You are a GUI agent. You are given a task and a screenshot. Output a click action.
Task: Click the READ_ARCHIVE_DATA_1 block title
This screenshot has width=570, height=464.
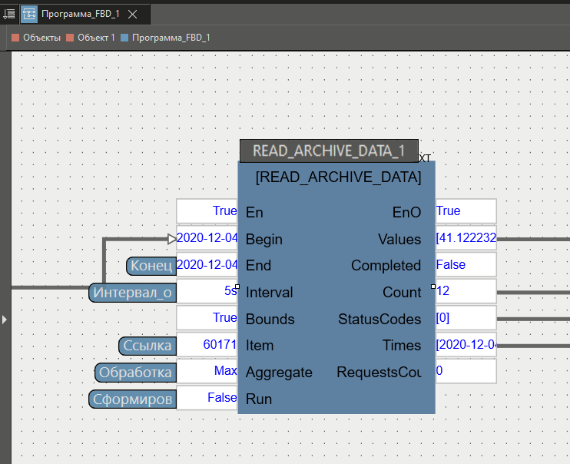click(x=329, y=151)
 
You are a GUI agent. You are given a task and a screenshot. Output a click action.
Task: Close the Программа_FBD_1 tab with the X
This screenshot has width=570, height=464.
click(x=132, y=15)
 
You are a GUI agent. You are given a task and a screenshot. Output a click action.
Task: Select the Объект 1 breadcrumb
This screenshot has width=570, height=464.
click(x=91, y=37)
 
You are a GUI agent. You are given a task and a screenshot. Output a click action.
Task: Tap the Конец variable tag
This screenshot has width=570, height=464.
click(x=151, y=267)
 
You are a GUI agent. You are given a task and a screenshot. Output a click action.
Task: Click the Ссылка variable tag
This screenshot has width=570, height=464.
click(x=148, y=346)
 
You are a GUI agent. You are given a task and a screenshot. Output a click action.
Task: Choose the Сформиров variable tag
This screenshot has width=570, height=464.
click(x=132, y=399)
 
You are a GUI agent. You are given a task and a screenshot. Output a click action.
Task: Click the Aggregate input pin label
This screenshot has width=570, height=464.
click(x=279, y=373)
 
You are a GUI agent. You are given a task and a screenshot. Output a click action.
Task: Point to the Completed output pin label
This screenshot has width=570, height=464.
click(x=386, y=266)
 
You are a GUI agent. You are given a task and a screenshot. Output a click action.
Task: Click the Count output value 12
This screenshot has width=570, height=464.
click(x=465, y=292)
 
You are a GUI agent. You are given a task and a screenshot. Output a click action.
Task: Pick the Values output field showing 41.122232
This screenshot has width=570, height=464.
click(x=466, y=239)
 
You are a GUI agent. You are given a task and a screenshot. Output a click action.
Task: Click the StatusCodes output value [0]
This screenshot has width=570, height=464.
click(x=465, y=319)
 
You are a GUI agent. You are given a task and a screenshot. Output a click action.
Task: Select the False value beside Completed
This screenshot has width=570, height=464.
click(x=465, y=265)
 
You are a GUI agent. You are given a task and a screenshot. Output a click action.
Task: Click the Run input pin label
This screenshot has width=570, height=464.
click(x=259, y=399)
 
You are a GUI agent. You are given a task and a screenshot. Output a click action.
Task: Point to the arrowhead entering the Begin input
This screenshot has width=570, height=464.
click(x=172, y=239)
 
